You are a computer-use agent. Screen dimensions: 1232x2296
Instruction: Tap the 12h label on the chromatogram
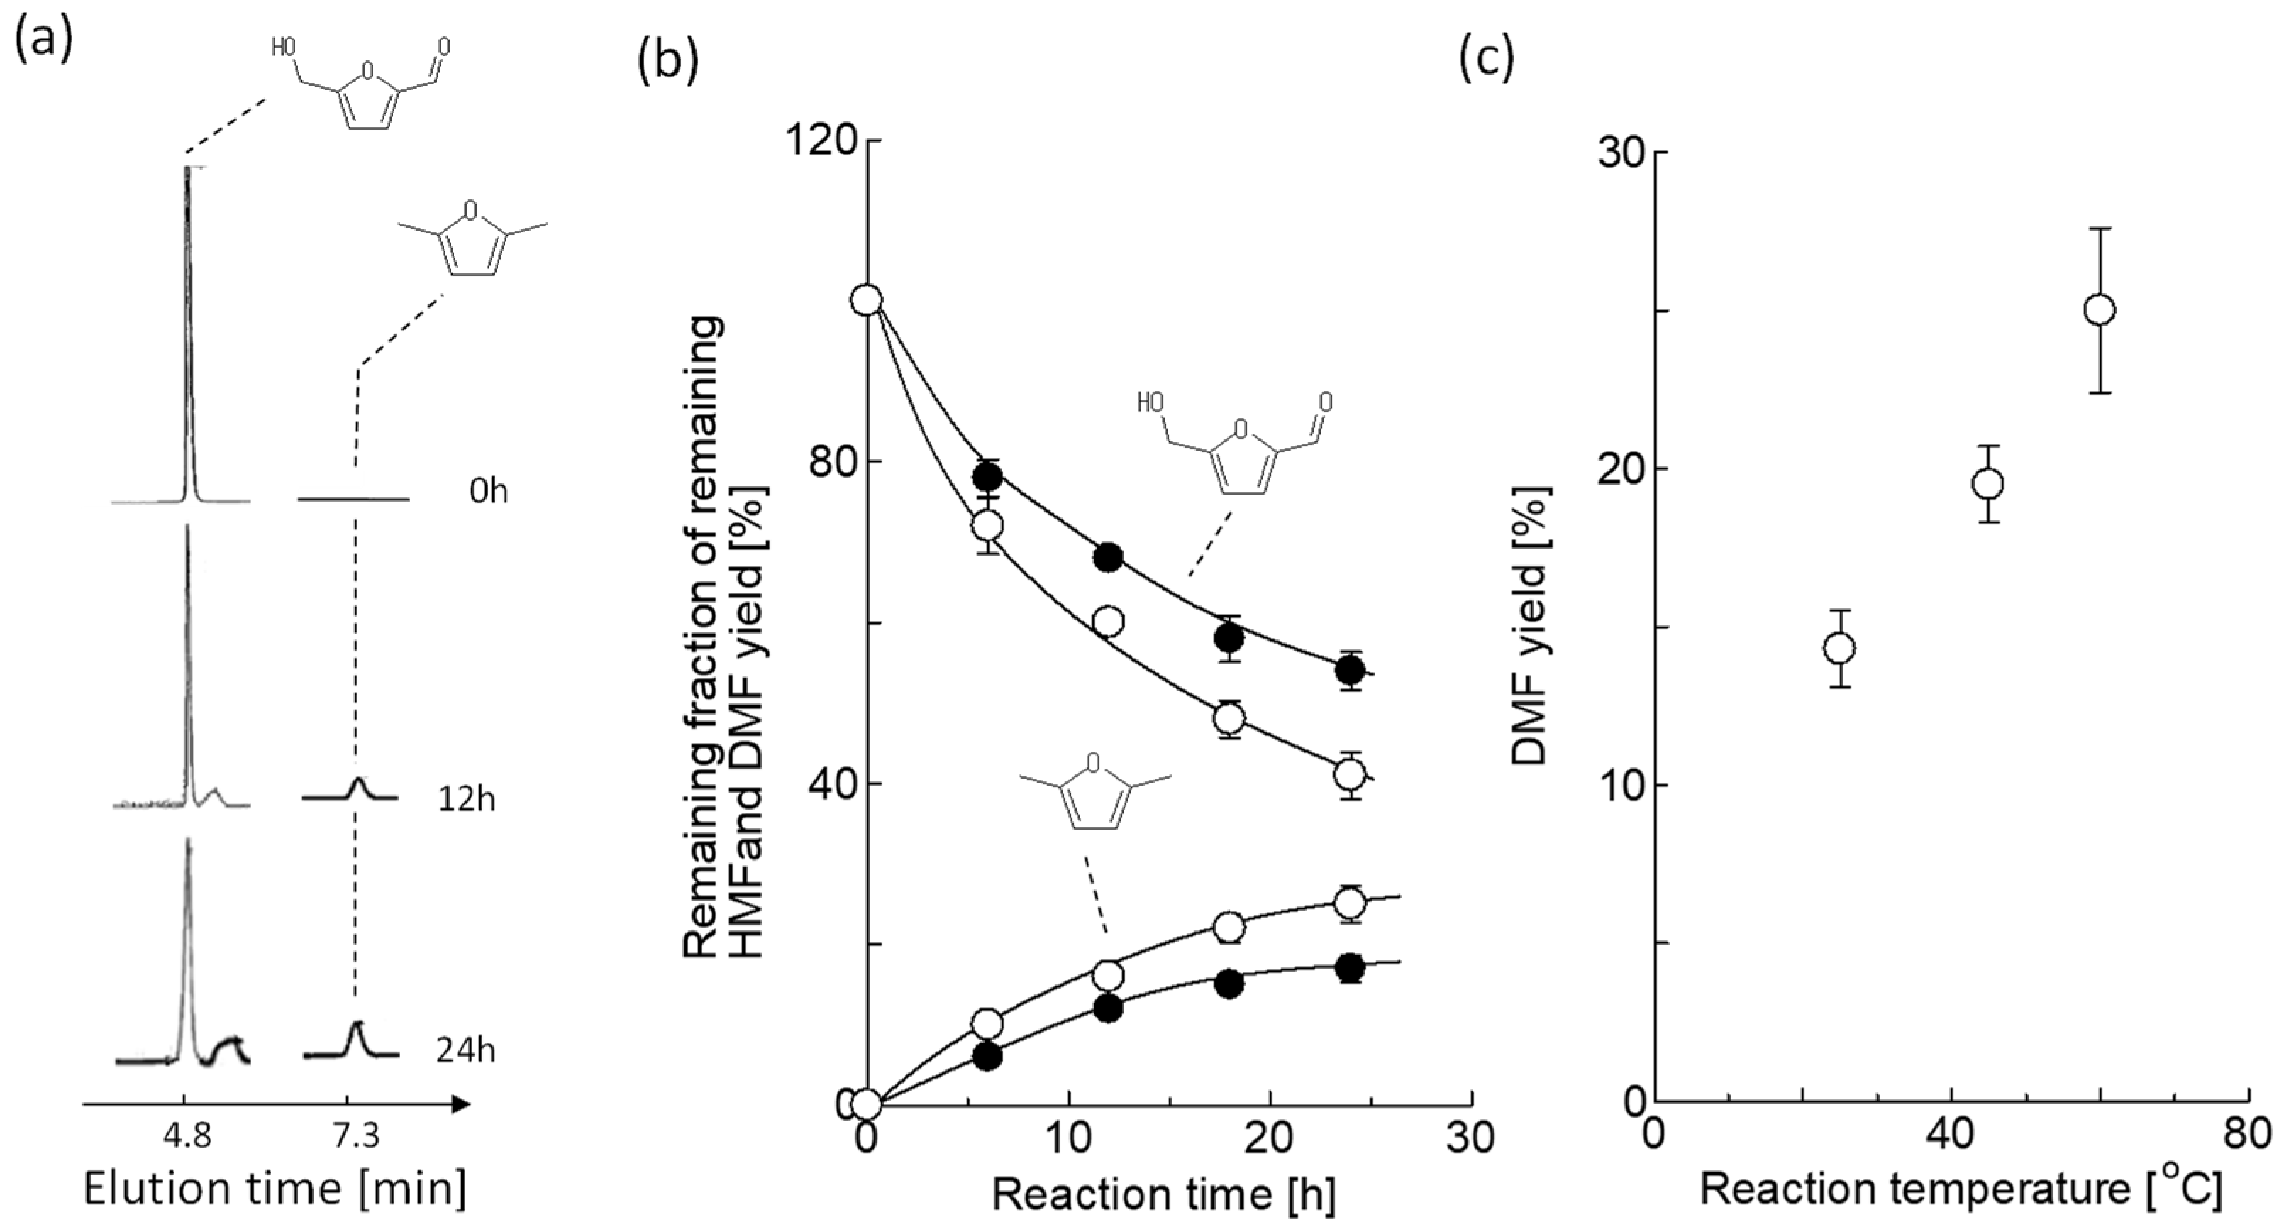point(465,800)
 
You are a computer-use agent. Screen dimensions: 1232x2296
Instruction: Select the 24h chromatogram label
point(465,1051)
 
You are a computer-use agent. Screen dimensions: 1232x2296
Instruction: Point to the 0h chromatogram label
point(487,491)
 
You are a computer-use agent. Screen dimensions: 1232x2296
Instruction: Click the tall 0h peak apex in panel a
point(187,170)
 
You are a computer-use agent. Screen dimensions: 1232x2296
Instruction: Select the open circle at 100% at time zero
point(866,300)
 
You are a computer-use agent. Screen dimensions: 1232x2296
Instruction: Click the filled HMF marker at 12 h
point(1108,558)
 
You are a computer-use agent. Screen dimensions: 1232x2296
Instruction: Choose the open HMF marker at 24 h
point(1351,775)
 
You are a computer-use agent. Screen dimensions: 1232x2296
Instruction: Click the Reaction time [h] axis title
point(1163,1195)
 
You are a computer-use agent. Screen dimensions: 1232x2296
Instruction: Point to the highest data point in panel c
point(2100,310)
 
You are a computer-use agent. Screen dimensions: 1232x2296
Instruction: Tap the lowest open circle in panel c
point(1840,648)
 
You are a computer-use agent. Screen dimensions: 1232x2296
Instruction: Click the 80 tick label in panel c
point(2250,1137)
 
